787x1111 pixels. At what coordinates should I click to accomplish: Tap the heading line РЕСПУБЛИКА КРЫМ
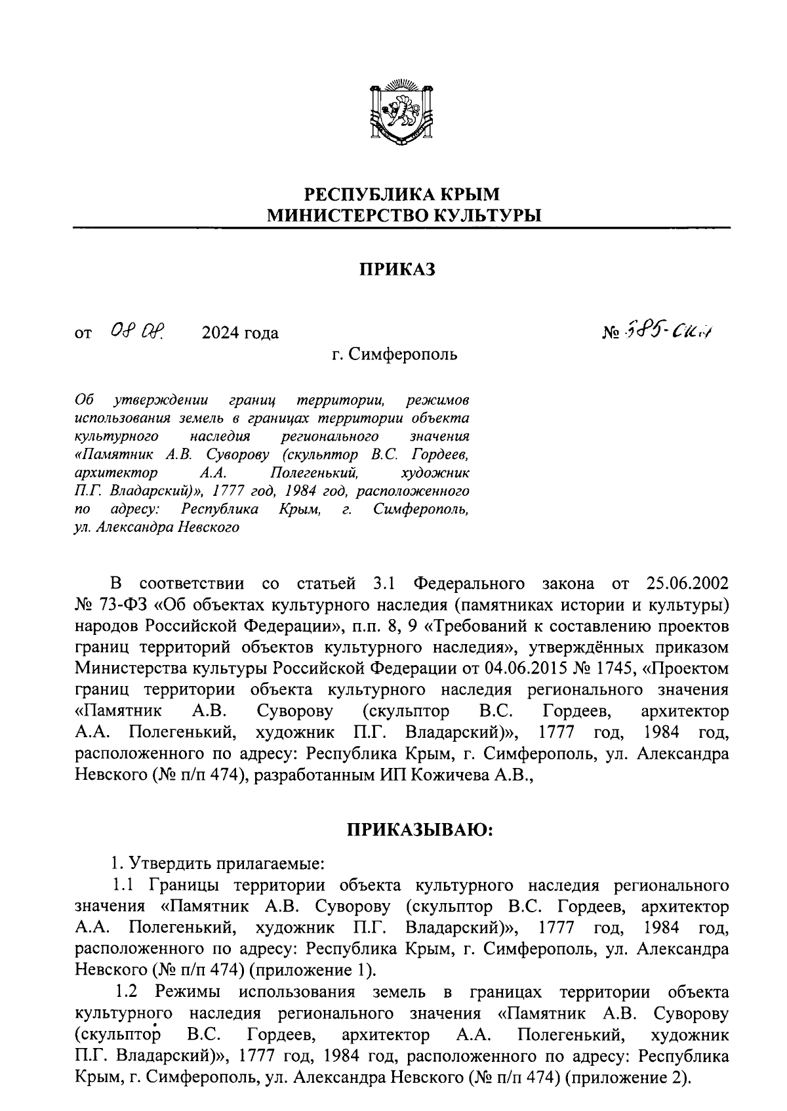402,194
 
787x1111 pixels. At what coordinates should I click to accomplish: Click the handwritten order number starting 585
668,332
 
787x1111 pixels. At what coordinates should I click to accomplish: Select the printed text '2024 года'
240,333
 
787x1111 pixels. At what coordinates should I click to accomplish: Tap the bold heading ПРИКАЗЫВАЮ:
419,830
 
